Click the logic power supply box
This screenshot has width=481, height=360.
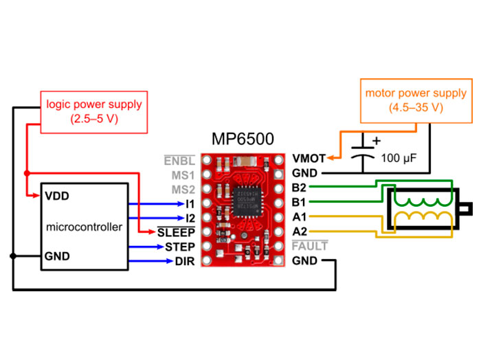(94, 111)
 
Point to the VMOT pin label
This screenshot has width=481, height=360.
(309, 159)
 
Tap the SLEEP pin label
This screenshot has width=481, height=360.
(177, 232)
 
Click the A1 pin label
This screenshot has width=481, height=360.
(299, 217)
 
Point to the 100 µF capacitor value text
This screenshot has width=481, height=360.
(399, 159)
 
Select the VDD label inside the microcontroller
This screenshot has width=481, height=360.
(57, 196)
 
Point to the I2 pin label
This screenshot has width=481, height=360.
(190, 218)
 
